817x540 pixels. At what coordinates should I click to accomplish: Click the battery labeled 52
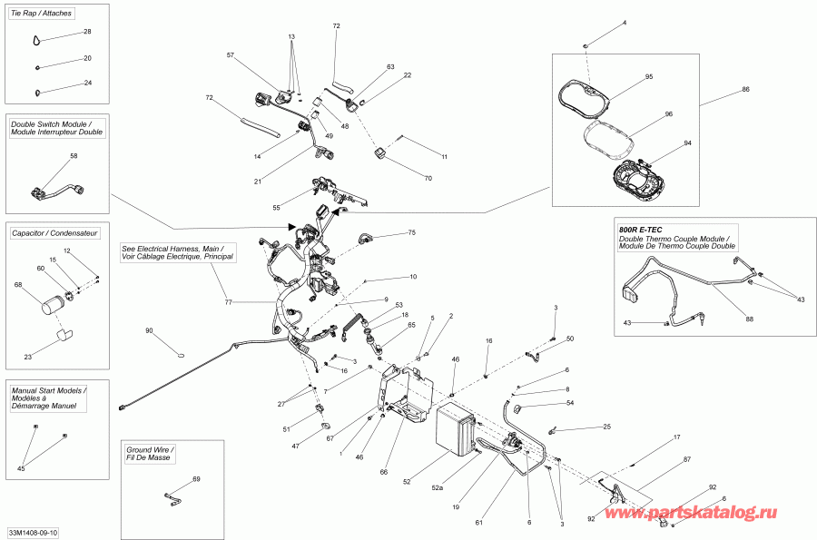(x=456, y=428)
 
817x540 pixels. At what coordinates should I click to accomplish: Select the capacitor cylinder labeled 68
(x=52, y=305)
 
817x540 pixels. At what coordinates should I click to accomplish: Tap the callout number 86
(x=745, y=90)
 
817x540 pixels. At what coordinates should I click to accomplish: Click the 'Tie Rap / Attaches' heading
(x=41, y=13)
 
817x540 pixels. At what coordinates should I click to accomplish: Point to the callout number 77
(x=228, y=302)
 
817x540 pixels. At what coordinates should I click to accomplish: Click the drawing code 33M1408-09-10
(x=33, y=533)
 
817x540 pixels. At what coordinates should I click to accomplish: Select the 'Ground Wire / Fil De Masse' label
(x=150, y=454)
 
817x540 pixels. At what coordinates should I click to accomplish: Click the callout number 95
(x=649, y=76)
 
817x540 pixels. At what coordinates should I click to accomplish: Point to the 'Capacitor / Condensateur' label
(x=54, y=233)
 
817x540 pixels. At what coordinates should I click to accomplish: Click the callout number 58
(x=74, y=156)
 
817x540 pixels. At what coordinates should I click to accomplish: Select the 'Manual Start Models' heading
(x=48, y=390)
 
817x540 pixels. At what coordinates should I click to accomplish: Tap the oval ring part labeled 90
(x=181, y=356)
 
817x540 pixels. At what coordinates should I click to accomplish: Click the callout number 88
(x=749, y=319)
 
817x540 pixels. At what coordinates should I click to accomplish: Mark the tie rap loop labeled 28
(x=36, y=40)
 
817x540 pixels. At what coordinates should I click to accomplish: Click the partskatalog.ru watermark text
(x=691, y=513)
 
